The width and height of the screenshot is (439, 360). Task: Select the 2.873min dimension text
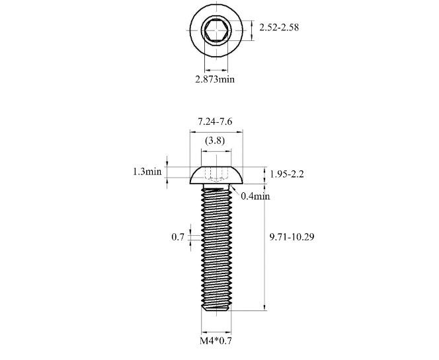pos(215,79)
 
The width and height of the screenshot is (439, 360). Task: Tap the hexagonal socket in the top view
pos(216,30)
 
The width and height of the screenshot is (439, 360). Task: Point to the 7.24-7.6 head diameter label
pos(216,121)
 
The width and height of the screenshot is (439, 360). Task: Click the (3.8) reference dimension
pos(214,141)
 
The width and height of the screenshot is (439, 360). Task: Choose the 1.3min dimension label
pos(147,172)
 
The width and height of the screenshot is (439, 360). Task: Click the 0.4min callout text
pos(255,196)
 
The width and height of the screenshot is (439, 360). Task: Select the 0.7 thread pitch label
pos(178,236)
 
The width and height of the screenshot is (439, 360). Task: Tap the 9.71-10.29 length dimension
pos(292,236)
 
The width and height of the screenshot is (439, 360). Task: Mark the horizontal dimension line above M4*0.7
pos(216,332)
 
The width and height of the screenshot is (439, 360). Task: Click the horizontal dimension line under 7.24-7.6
pos(216,131)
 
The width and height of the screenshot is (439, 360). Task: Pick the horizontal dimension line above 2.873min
pos(216,69)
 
